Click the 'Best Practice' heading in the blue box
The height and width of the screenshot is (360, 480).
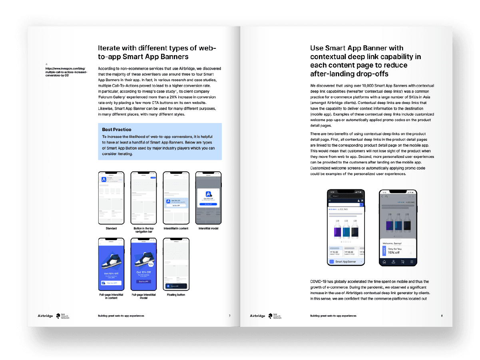tap(116, 129)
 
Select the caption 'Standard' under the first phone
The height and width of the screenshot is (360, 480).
tap(111, 229)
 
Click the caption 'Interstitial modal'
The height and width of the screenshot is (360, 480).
tap(208, 229)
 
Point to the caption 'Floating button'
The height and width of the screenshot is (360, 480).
tap(176, 295)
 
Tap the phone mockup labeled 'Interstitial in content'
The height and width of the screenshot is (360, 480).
tap(176, 198)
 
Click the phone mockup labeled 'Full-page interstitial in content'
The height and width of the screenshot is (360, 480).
tap(111, 264)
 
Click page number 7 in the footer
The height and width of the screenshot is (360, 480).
tap(229, 316)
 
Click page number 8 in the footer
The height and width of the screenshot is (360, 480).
tap(442, 316)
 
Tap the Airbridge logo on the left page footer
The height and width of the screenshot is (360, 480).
tap(42, 316)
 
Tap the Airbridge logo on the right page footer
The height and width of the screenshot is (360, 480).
tap(257, 316)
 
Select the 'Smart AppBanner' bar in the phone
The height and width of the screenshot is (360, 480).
tap(346, 262)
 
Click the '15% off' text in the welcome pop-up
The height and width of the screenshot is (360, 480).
tap(394, 253)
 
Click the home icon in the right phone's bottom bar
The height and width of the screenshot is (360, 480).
tap(384, 262)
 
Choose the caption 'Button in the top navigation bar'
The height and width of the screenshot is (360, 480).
tap(143, 230)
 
